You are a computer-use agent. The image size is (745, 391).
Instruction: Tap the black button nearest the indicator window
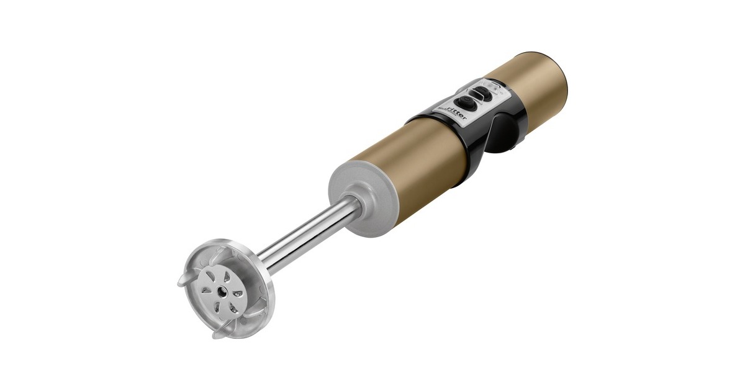point(481,92)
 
